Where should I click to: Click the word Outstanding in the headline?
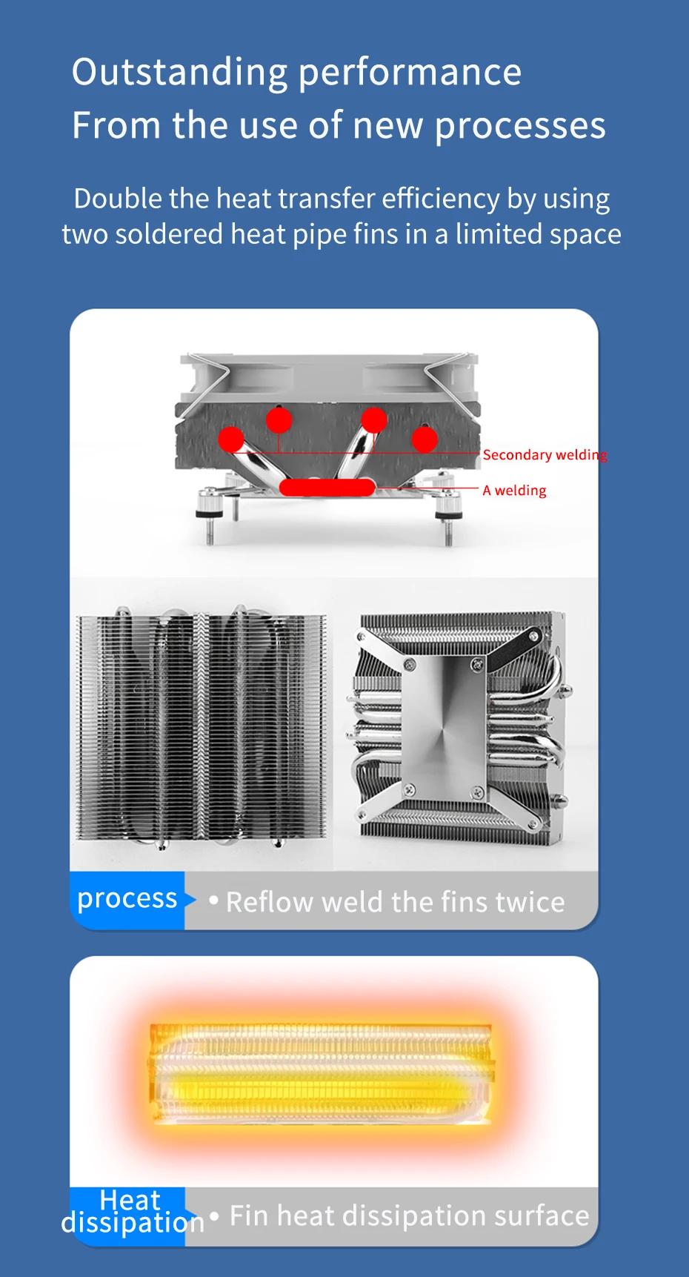[179, 73]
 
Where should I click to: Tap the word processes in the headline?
[520, 126]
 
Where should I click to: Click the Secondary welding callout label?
[545, 454]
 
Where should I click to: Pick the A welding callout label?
[514, 490]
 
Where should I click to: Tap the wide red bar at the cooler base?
[327, 487]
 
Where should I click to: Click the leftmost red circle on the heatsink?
[231, 439]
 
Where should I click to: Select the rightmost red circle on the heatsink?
[425, 439]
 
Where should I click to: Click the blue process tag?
[127, 900]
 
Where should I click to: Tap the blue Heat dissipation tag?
[130, 1211]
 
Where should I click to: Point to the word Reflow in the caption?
[267, 902]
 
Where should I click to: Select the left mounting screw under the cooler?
[210, 518]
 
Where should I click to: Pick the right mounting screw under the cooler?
[447, 518]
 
